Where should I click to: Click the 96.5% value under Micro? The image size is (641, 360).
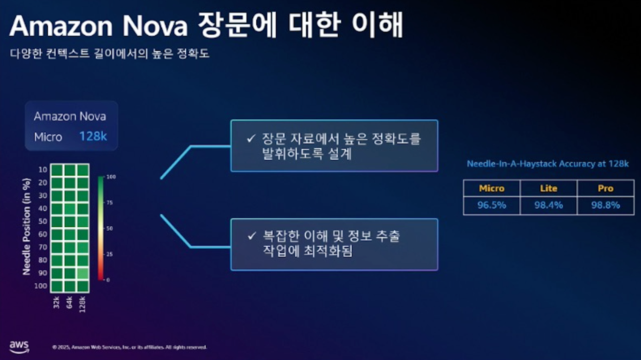492,205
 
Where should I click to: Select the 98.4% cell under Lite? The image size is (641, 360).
548,205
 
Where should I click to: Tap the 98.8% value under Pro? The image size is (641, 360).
605,205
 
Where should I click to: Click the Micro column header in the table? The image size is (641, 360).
492,188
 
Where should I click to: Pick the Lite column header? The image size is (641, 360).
548,188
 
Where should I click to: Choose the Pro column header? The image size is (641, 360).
605,188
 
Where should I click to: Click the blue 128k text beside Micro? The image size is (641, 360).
93,137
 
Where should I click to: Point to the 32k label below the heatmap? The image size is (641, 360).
56,302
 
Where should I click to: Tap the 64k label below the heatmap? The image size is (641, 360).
69,302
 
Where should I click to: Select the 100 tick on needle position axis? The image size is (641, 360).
40,286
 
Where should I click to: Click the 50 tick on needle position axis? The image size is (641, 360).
42,221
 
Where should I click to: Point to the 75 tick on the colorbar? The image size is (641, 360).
109,203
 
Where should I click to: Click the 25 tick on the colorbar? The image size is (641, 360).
109,254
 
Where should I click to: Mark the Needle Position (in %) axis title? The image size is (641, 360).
26,227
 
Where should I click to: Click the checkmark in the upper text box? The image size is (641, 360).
251,139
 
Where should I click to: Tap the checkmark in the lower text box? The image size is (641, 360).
252,236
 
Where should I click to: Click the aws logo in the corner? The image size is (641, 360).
19,347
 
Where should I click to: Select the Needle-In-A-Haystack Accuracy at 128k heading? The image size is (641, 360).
548,164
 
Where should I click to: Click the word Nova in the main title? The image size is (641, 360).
155,26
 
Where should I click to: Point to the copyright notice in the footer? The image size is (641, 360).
129,347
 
